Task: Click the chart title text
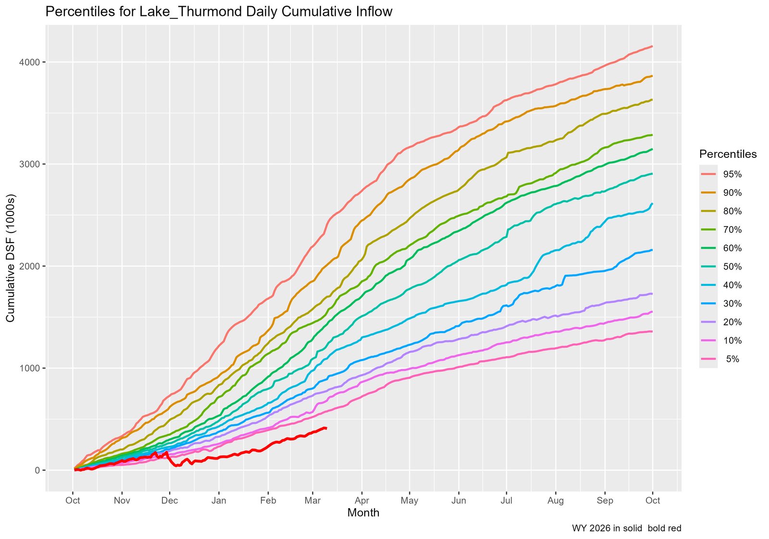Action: [219, 12]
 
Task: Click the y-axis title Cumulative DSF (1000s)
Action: [11, 258]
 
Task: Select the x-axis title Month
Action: [363, 513]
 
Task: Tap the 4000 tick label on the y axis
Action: [30, 62]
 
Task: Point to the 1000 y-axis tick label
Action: [30, 368]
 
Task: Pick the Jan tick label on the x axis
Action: [219, 500]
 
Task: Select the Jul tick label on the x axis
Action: [506, 500]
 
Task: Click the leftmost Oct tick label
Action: [73, 500]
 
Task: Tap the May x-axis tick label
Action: [409, 500]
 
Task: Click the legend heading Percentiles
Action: [728, 154]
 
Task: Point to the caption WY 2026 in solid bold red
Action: [626, 528]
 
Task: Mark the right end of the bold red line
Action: [326, 428]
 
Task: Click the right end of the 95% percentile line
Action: [652, 46]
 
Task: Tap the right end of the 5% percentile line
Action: [652, 331]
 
